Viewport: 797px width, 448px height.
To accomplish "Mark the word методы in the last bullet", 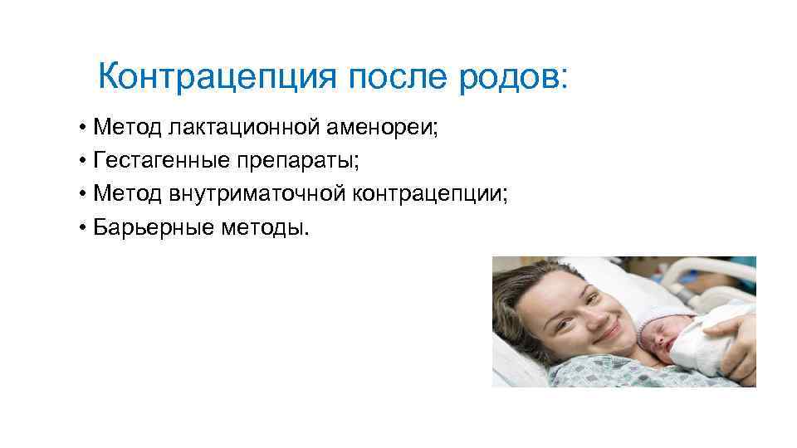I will click(265, 226).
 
